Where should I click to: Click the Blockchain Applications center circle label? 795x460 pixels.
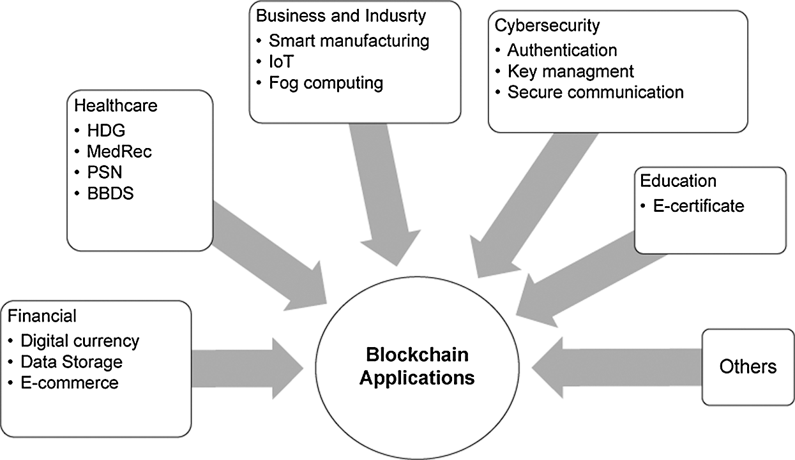point(416,366)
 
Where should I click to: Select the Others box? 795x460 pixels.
point(748,367)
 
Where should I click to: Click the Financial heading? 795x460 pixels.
point(42,316)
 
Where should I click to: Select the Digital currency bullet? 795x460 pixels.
point(80,341)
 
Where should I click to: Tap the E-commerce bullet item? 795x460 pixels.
point(70,383)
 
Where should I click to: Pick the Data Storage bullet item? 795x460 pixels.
point(72,362)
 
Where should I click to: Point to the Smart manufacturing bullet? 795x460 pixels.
point(349,41)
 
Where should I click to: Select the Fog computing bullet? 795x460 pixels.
point(326,83)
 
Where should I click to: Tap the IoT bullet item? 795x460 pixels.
point(280,62)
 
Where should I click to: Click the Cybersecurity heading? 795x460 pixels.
point(547,26)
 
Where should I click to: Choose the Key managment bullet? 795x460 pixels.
point(570,71)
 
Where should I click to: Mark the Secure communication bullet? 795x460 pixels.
point(595,92)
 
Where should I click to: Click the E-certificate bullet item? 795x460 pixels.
point(698,205)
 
